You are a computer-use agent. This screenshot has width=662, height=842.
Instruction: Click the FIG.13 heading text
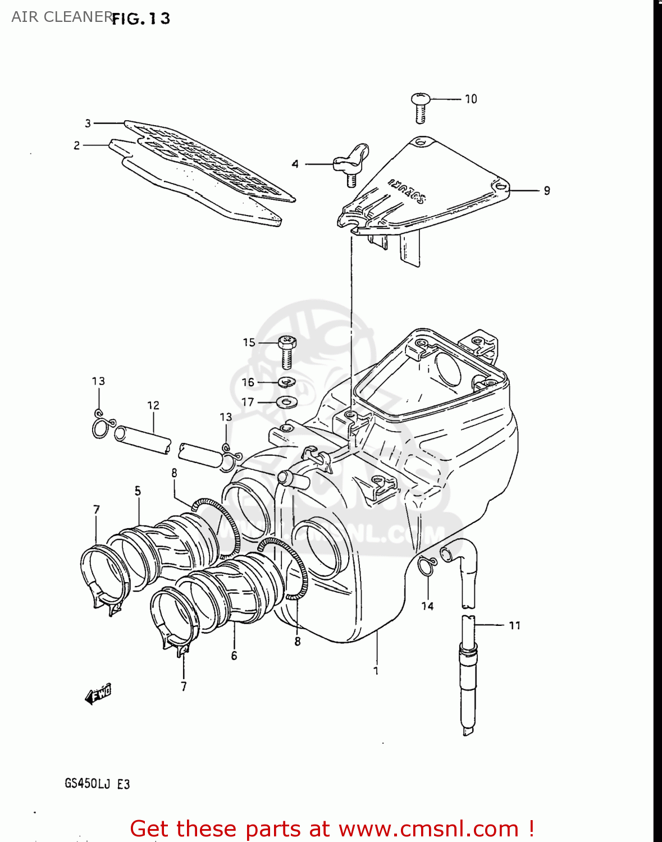[x=140, y=19]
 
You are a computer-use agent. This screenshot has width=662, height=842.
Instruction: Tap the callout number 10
[x=471, y=99]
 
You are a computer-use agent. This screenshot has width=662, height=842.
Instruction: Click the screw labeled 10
[x=420, y=108]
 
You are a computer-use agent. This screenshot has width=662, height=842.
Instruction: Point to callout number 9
[x=546, y=191]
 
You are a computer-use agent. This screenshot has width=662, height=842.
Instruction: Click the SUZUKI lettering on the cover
[x=407, y=191]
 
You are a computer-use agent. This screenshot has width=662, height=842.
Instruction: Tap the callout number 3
[x=88, y=123]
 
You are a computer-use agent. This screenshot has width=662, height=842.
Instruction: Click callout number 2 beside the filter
[x=77, y=145]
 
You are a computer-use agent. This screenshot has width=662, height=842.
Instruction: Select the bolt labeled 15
[x=287, y=350]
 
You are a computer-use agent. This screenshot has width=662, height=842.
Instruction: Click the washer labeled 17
[x=287, y=402]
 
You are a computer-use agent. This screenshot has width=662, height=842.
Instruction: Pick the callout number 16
[x=248, y=382]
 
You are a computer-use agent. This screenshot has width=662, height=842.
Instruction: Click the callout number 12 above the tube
[x=153, y=405]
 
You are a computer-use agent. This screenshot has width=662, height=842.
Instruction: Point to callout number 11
[x=514, y=625]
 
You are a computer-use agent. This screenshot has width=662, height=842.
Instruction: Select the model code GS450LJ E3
[x=97, y=784]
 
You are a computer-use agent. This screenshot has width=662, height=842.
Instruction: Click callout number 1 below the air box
[x=376, y=670]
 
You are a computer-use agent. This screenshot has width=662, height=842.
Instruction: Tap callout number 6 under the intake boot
[x=234, y=656]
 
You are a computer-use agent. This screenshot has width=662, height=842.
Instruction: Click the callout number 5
[x=138, y=491]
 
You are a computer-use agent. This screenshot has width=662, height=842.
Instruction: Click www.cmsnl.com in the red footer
[x=428, y=829]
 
